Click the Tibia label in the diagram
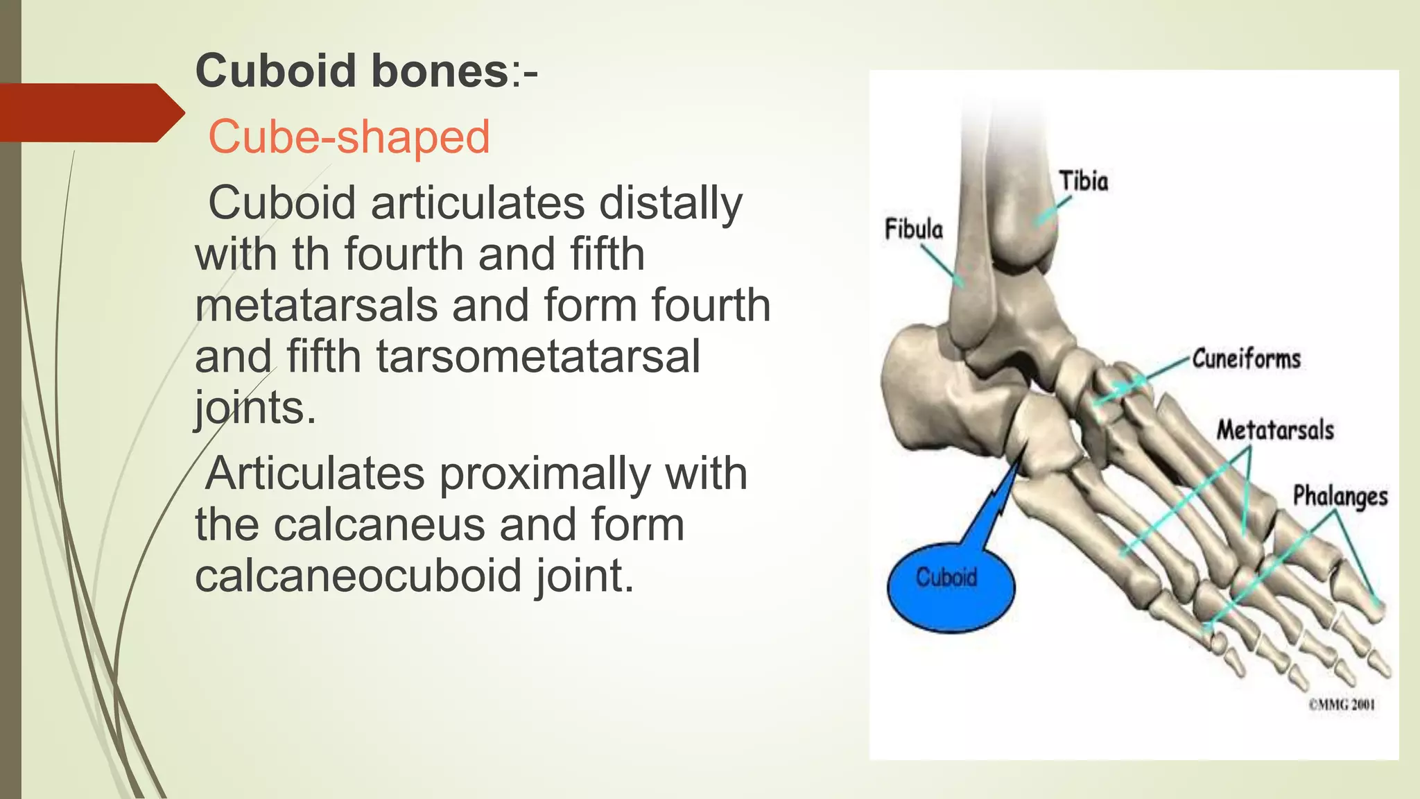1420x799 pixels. click(x=1083, y=181)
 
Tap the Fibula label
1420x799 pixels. click(x=913, y=228)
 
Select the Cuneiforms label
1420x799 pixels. click(x=1246, y=359)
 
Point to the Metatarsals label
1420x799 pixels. click(x=1275, y=430)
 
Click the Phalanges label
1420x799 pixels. click(x=1340, y=496)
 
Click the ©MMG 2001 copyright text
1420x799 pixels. click(x=1341, y=705)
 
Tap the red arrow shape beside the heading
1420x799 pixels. click(x=90, y=112)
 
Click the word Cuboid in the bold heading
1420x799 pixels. click(x=277, y=71)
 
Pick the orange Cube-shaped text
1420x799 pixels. click(x=349, y=137)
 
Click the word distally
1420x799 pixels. click(x=670, y=203)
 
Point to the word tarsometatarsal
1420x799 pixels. click(x=538, y=356)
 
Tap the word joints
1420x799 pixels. click(x=254, y=408)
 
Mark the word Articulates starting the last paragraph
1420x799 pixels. click(x=315, y=474)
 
